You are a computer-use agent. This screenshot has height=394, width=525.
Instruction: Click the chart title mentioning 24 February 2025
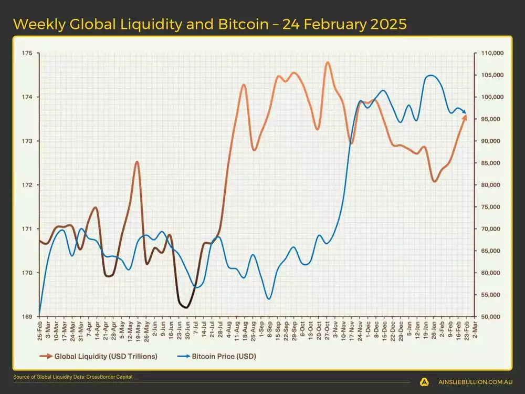point(210,24)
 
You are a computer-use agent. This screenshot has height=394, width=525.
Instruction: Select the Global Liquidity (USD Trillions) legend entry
point(98,356)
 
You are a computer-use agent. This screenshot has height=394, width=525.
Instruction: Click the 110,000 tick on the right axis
point(489,53)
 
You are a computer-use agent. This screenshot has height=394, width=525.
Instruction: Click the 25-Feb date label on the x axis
point(40,329)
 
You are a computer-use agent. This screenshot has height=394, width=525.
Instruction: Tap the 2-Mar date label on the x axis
point(475,329)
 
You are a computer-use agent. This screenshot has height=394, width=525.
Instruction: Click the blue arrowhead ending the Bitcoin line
point(464,111)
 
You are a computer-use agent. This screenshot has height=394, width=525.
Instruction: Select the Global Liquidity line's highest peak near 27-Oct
point(328,62)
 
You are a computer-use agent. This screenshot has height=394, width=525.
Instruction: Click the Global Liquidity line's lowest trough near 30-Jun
point(185,307)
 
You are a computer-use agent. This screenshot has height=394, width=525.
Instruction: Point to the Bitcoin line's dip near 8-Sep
point(269,299)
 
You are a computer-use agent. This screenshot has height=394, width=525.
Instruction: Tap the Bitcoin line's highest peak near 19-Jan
point(430,76)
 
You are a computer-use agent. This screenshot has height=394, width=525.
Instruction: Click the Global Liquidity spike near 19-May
point(137,162)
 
